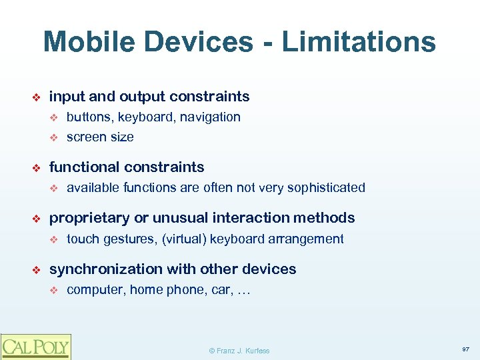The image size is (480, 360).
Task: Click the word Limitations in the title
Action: click(359, 41)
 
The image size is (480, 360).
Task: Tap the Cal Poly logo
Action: click(35, 346)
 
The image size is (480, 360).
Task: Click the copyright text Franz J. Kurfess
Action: click(239, 351)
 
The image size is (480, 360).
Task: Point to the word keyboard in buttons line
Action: click(142, 117)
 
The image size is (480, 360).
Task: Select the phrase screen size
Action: click(100, 137)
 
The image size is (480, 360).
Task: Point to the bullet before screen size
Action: click(55, 137)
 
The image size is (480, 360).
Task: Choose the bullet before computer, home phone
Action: click(55, 290)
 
